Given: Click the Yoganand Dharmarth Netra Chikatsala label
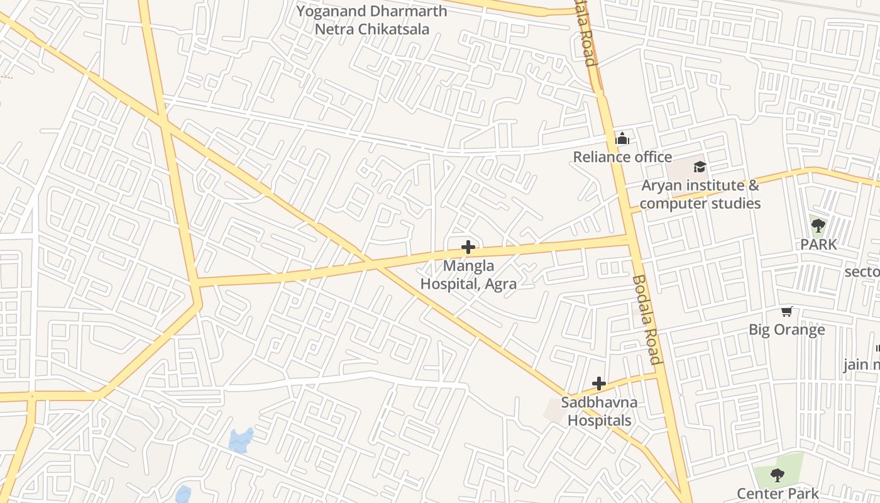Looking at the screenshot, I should (371, 20).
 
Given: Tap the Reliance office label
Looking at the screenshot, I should (622, 157).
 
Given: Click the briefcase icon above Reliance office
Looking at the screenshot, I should (622, 139).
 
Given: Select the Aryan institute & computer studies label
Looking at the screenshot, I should (700, 194).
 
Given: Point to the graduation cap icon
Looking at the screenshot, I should (700, 167).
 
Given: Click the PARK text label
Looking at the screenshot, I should (818, 245).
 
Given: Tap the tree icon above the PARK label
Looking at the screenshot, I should (818, 226).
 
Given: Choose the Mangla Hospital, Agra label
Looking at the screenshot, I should (468, 275).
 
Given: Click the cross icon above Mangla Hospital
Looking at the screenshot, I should (468, 247).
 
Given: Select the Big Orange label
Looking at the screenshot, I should (786, 330).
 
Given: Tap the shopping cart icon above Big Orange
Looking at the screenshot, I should (786, 311).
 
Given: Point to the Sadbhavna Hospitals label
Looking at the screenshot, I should (599, 411).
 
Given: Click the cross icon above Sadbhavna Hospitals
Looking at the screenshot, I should (599, 383).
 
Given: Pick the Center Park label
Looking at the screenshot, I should (778, 494).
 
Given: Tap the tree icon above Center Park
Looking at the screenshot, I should (778, 475).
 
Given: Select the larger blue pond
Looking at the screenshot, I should (241, 440).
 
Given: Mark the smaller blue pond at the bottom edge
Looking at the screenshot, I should (183, 494).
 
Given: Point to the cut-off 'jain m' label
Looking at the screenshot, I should (861, 365).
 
